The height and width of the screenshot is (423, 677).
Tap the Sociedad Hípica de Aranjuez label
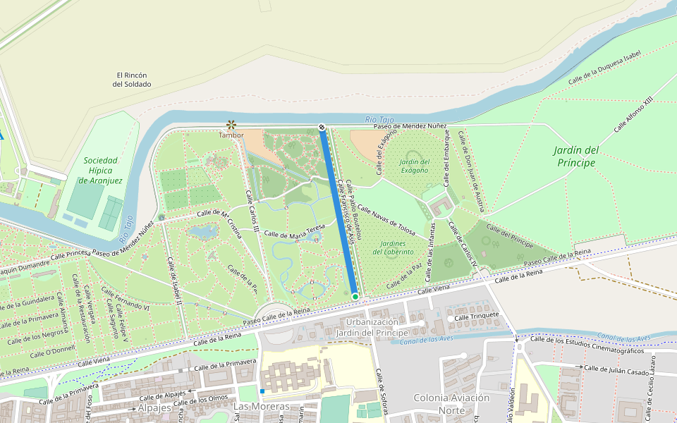102,170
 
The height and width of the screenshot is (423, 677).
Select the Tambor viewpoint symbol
231,125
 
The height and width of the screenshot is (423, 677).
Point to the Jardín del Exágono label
414,166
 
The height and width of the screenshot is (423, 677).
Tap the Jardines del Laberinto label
393,247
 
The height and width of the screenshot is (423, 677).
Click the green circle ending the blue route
355,297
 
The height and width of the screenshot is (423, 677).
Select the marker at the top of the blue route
322,128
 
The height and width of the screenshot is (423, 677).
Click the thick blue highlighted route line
338,211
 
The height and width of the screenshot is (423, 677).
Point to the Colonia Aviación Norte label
451,403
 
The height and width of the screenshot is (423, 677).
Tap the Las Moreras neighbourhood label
261,407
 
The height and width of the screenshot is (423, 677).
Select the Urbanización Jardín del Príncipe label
372,327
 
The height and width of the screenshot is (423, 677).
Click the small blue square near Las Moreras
262,391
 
